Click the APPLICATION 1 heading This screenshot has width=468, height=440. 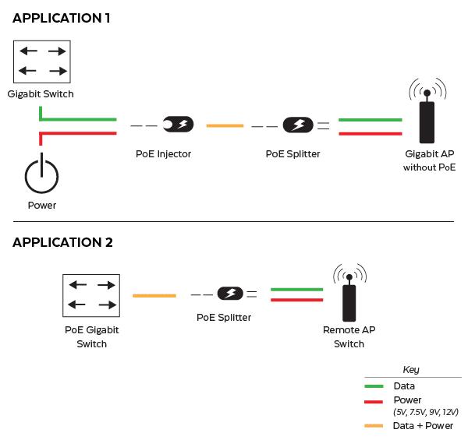click(62, 18)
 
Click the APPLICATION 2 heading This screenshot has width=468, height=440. click(62, 242)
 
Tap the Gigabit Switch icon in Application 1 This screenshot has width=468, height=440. click(42, 62)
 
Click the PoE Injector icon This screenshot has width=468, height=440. click(178, 125)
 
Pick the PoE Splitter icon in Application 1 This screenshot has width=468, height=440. click(297, 125)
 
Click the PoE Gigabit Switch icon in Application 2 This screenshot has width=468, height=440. click(91, 296)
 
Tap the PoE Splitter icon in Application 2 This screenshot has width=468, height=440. click(229, 294)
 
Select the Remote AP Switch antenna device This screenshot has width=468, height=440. click(349, 300)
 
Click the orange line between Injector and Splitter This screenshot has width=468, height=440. click(225, 125)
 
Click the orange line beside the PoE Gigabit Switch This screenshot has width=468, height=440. click(154, 295)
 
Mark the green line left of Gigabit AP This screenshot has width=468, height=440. click(370, 120)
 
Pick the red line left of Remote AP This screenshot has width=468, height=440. click(296, 299)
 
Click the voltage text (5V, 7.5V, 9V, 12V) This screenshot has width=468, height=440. click(426, 413)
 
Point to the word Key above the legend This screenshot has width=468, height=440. click(411, 370)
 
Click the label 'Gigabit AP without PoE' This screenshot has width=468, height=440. click(429, 161)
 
